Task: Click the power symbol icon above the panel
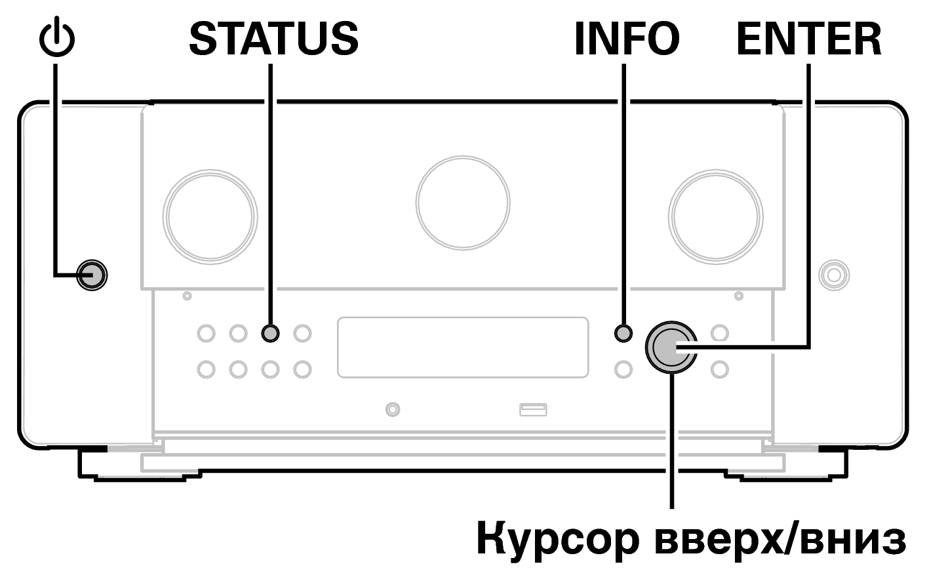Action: (x=57, y=37)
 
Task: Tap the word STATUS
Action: (x=274, y=39)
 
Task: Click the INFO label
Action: (x=627, y=39)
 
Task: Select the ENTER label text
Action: (x=809, y=39)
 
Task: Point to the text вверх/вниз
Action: (x=780, y=539)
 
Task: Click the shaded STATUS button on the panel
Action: (x=270, y=333)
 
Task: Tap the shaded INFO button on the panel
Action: (x=623, y=333)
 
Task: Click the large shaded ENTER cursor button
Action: (x=671, y=347)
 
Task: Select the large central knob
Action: (x=463, y=203)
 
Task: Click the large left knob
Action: (x=210, y=216)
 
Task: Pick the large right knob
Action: (x=715, y=216)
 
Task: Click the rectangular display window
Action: (x=463, y=348)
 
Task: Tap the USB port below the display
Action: (x=533, y=410)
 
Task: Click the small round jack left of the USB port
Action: (x=393, y=410)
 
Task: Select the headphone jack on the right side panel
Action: (x=834, y=275)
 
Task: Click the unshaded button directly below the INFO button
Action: (x=623, y=369)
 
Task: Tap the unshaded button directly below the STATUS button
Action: (x=270, y=369)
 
